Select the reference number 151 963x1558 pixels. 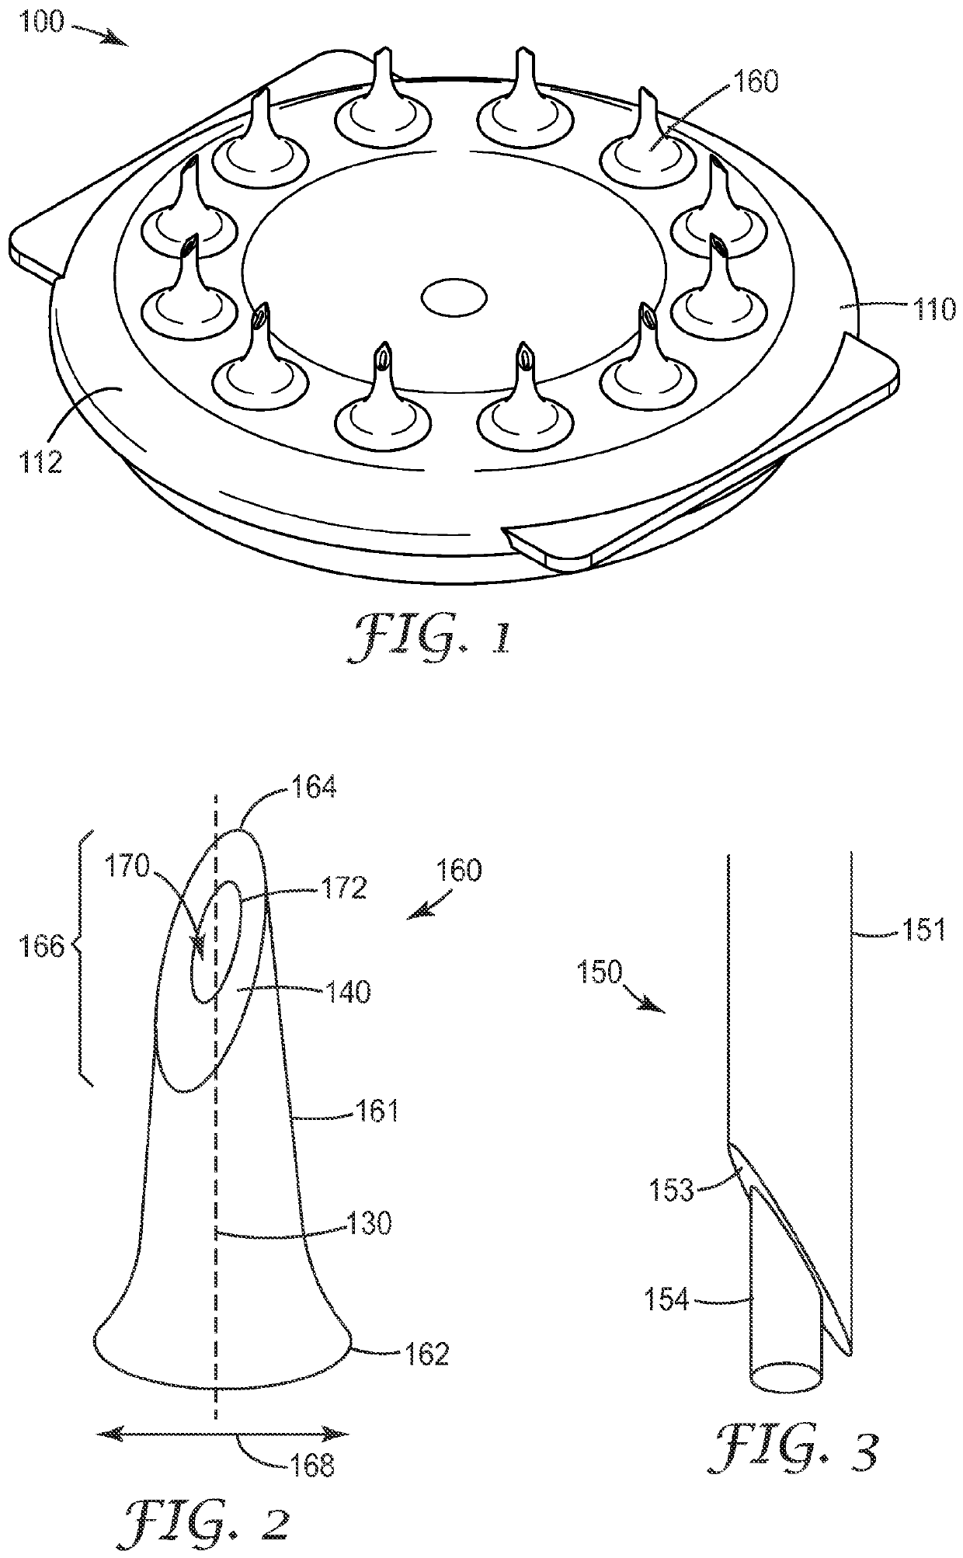click(x=923, y=929)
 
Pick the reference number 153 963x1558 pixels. click(x=673, y=1189)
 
